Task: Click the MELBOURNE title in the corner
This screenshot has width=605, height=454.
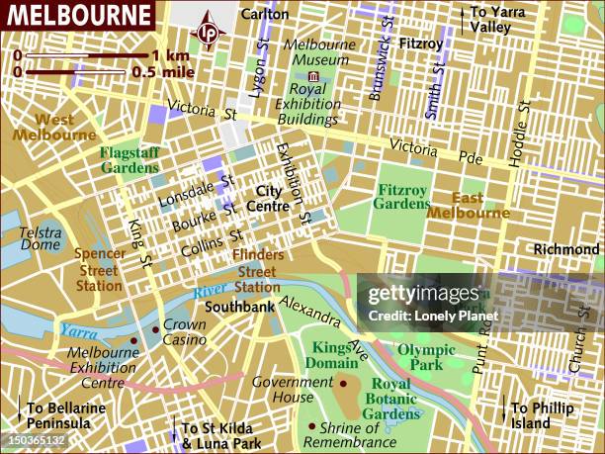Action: [x=77, y=15]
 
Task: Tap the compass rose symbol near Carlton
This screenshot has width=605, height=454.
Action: [x=209, y=31]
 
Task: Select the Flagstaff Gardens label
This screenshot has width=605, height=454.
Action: [x=130, y=159]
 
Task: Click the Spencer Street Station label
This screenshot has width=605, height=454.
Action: [x=99, y=269]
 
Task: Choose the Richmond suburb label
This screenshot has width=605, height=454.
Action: [x=566, y=249]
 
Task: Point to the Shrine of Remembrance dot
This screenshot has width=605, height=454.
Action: [x=310, y=427]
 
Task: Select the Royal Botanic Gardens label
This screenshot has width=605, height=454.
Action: [x=404, y=399]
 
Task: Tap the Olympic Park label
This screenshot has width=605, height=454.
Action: [x=426, y=357]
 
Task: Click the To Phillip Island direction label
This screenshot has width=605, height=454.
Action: [x=544, y=415]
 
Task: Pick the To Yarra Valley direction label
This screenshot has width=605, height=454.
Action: [x=503, y=20]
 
